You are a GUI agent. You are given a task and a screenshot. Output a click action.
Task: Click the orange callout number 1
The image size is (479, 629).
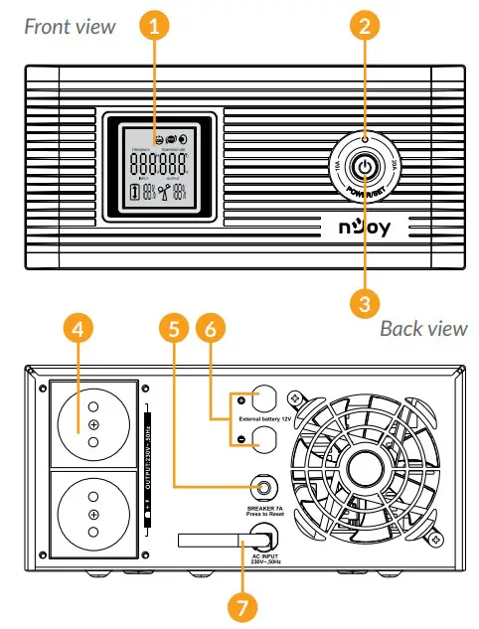point(152,28)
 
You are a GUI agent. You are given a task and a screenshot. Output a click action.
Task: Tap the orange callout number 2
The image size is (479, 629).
point(366,28)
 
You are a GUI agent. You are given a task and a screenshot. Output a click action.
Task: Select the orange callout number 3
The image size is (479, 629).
point(366,298)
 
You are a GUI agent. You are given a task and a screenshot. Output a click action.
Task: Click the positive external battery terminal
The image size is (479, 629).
point(263,399)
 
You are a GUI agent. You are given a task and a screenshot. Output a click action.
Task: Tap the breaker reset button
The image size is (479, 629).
point(263,487)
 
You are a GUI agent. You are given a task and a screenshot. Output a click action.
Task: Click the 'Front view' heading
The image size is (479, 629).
point(70,26)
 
